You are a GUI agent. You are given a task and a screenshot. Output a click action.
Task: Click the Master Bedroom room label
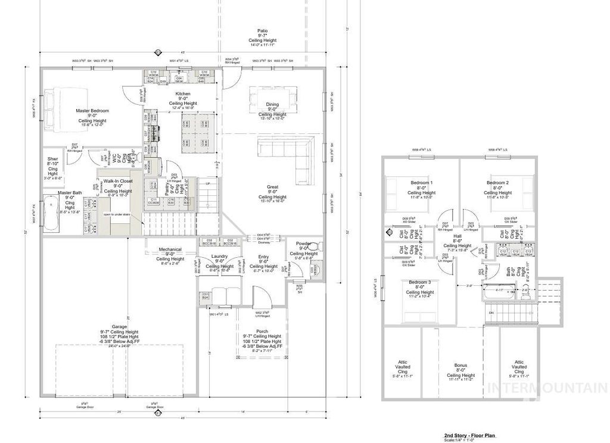coord(91,111)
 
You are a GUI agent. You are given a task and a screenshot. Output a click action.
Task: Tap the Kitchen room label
coord(182,94)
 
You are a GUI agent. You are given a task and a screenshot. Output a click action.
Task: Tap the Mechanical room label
coord(170,249)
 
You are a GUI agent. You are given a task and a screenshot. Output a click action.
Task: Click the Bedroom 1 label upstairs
coord(422,182)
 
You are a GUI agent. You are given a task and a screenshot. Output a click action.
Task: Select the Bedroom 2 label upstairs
coord(497,182)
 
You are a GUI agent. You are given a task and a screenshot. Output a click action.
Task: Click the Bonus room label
coord(460,365)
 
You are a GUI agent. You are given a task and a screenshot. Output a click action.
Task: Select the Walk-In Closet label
coord(118,180)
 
